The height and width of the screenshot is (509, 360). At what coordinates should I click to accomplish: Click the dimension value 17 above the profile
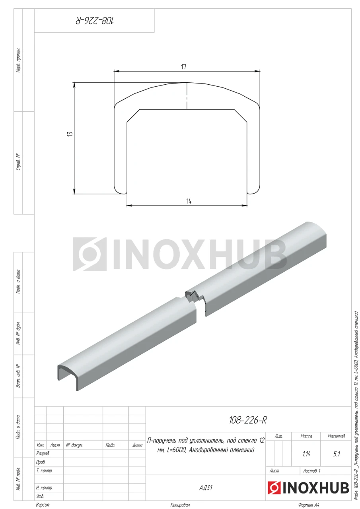click(184, 67)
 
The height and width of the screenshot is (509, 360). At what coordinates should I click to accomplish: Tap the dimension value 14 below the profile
click(189, 201)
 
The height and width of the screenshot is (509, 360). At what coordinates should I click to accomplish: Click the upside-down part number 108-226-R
click(95, 21)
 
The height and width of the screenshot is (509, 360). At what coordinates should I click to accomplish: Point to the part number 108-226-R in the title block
click(248, 420)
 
